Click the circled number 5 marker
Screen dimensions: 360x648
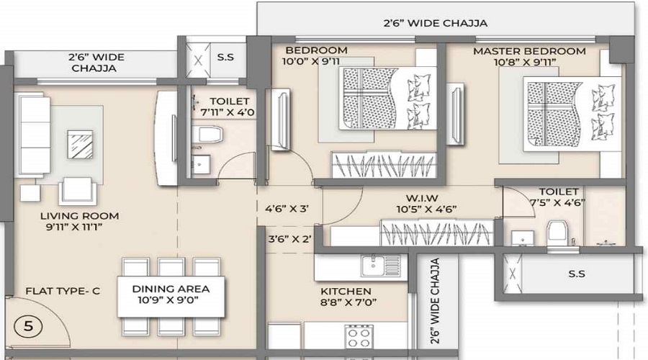(28, 325)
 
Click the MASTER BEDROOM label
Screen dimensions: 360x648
(529, 51)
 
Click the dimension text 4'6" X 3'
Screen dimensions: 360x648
(287, 210)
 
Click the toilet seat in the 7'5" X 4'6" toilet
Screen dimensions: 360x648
(556, 233)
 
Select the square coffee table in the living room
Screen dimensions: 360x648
(79, 144)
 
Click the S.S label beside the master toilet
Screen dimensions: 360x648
(576, 274)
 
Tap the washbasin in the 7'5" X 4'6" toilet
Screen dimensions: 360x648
(521, 237)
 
